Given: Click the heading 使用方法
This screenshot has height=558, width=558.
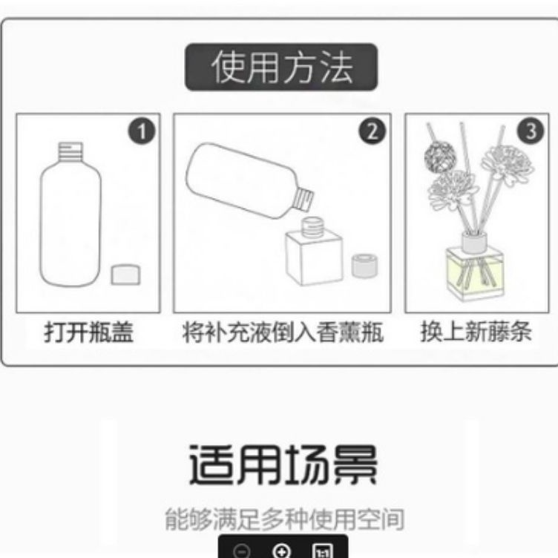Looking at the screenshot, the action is (x=282, y=67).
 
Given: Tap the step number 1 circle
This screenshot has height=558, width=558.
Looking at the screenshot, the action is (x=142, y=131).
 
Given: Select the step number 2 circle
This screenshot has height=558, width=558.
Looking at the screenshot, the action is (x=372, y=131).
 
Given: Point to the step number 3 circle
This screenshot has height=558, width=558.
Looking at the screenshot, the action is (x=531, y=131).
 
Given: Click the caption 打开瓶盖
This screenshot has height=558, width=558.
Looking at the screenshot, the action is (x=88, y=332).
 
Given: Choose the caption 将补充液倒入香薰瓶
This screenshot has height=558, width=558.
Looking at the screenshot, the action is (x=283, y=332).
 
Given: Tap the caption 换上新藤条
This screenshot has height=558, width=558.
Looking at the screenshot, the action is (x=476, y=331).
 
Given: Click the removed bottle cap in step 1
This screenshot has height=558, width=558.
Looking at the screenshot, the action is (x=125, y=275).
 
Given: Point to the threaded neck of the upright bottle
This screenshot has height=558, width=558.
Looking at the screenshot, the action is (x=70, y=151).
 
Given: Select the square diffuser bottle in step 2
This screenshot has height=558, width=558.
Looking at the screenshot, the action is (x=314, y=252).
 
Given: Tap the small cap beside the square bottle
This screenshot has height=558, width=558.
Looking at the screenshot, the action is (x=364, y=266).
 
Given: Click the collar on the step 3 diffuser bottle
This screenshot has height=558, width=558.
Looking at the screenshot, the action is (x=474, y=242).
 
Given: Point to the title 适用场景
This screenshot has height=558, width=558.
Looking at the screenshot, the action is (x=283, y=465).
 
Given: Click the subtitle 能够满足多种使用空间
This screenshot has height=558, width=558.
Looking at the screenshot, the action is (x=284, y=519).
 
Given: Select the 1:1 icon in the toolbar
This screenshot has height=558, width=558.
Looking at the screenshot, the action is (x=323, y=551).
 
